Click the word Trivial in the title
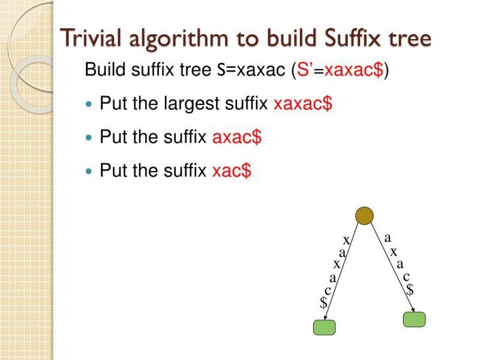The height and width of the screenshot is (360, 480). (x=93, y=38)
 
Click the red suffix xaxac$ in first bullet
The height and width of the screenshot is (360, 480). (x=302, y=104)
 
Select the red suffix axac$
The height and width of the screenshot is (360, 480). (x=237, y=137)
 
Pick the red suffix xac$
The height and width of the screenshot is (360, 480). (x=232, y=171)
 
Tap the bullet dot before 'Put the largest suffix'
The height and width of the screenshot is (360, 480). (x=89, y=104)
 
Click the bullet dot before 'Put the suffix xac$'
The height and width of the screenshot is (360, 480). (x=89, y=172)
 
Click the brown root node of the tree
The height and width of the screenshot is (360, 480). (x=364, y=215)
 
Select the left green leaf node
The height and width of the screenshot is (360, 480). (x=325, y=327)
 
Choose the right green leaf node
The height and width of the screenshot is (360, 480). (x=414, y=319)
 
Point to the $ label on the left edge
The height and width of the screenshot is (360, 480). (x=324, y=303)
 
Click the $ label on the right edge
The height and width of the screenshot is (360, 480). (x=410, y=290)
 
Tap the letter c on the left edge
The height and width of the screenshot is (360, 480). (x=328, y=290)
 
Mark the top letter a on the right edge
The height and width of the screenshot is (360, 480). (x=388, y=238)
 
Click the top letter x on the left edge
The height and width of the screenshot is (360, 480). (x=346, y=240)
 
